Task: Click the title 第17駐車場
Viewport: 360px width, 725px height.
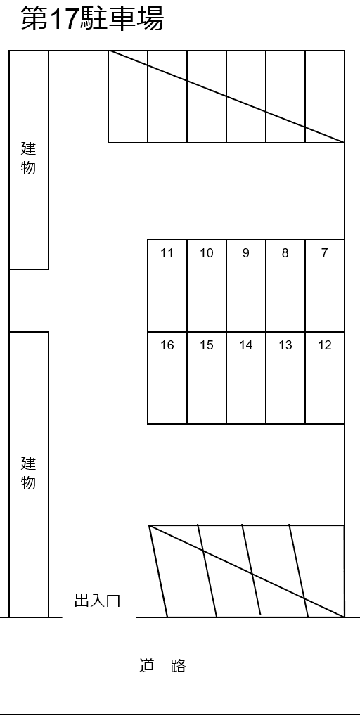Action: click(x=92, y=18)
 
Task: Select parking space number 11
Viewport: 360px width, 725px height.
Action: click(x=167, y=285)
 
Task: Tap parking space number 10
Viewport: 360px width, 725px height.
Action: click(x=207, y=285)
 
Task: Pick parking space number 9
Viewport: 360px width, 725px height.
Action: click(x=246, y=285)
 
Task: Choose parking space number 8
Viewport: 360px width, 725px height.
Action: click(x=285, y=285)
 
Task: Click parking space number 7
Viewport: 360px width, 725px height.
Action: click(x=324, y=285)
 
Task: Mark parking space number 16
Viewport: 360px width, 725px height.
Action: click(x=167, y=378)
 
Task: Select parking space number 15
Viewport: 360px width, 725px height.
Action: click(x=207, y=378)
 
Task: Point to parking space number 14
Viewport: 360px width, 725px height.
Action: click(x=246, y=378)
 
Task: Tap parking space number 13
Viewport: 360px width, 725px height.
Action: click(x=285, y=378)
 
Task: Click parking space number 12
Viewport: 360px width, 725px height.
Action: click(x=324, y=378)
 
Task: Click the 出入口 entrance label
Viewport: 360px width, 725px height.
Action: click(x=98, y=601)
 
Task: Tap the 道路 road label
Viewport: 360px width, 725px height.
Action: click(x=162, y=666)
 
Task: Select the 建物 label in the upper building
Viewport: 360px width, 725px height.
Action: click(x=29, y=158)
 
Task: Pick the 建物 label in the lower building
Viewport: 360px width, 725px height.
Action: click(x=29, y=473)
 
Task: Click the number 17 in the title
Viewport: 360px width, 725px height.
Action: click(x=63, y=19)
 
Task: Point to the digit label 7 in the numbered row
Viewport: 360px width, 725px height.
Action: click(x=324, y=253)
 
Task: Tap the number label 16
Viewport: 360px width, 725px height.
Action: click(x=167, y=345)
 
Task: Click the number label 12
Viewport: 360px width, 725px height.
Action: click(x=325, y=345)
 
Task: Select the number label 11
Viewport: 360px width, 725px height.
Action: click(x=167, y=253)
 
